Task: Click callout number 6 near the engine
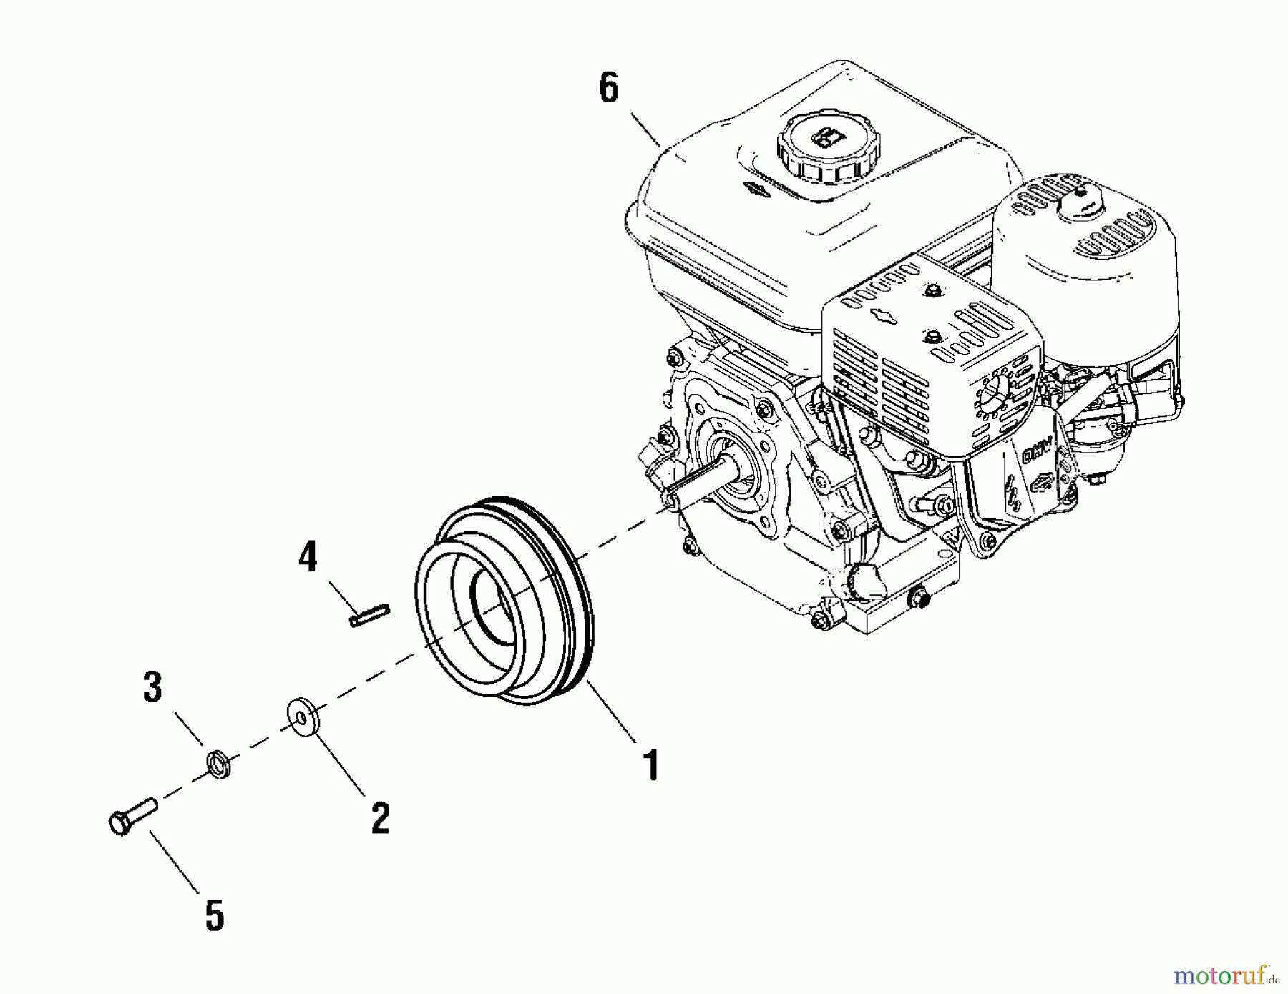608,89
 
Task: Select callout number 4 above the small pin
308,557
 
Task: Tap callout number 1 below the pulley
650,765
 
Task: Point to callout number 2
380,817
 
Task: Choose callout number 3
152,687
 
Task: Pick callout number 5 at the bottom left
214,916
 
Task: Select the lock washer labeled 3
218,764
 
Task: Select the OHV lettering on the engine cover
1033,453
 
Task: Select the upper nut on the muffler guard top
932,291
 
